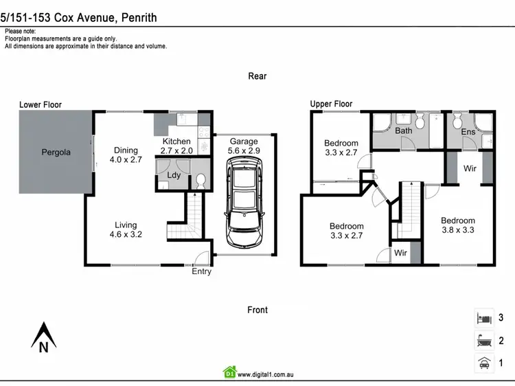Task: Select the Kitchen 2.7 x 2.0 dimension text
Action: pyautogui.click(x=176, y=150)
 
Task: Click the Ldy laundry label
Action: pyautogui.click(x=174, y=175)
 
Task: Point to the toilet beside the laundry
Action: pyautogui.click(x=201, y=180)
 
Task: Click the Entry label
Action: pyautogui.click(x=202, y=271)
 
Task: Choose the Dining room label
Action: pyautogui.click(x=126, y=150)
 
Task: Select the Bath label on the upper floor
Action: pyautogui.click(x=404, y=130)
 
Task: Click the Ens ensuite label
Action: pyautogui.click(x=468, y=132)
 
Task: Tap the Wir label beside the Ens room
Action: pyautogui.click(x=470, y=168)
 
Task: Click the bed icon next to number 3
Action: pyautogui.click(x=483, y=318)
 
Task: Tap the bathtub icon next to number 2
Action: pyautogui.click(x=483, y=340)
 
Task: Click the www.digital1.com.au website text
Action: pyautogui.click(x=266, y=374)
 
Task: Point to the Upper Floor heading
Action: pyautogui.click(x=331, y=104)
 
